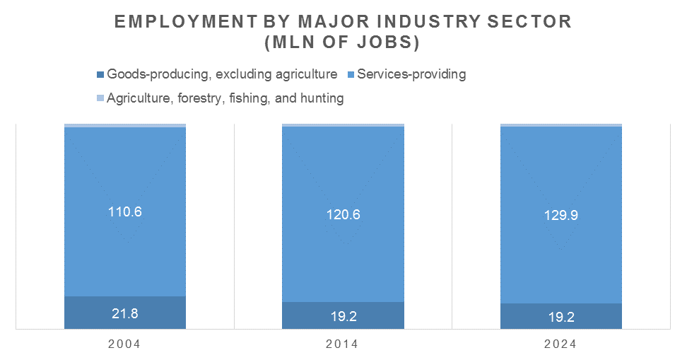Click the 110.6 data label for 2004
coord(125,211)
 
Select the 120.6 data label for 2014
coord(343,215)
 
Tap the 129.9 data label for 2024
coord(561,216)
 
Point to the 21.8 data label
coord(125,313)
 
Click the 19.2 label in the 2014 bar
coord(343,316)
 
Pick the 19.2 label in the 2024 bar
coord(561,317)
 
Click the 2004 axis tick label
coord(124,344)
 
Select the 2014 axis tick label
coord(343,344)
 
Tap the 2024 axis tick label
coord(561,344)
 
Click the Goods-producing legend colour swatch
coord(100,74)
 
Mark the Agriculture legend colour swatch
coord(100,98)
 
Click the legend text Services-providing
coord(411,74)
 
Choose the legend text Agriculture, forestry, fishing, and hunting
coord(225,98)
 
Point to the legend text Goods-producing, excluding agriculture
coord(221,74)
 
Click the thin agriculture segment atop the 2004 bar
coord(125,125)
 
